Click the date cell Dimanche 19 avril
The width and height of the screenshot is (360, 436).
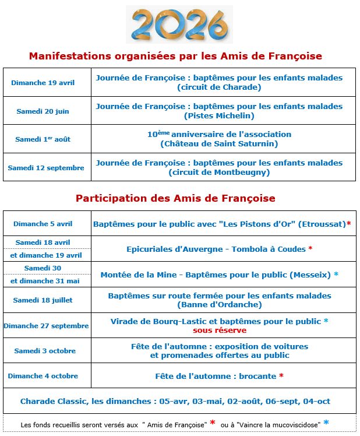[43, 83]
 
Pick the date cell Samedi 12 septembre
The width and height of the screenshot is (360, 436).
[46, 168]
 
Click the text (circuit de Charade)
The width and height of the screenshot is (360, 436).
[219, 87]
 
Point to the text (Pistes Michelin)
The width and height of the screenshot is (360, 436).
[219, 115]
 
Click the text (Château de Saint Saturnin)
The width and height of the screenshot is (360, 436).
[219, 143]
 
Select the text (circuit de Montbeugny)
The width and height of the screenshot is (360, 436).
[219, 172]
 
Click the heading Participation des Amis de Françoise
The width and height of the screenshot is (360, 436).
[175, 198]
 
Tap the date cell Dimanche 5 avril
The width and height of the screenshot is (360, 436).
[43, 224]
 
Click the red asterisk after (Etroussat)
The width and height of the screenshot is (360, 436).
[348, 223]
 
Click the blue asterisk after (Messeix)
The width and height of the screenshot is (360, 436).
[336, 274]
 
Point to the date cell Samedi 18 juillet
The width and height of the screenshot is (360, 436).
[45, 300]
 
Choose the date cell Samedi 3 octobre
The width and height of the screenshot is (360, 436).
[45, 351]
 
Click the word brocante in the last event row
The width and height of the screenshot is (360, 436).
[256, 376]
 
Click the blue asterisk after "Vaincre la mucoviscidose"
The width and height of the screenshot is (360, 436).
[326, 423]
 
